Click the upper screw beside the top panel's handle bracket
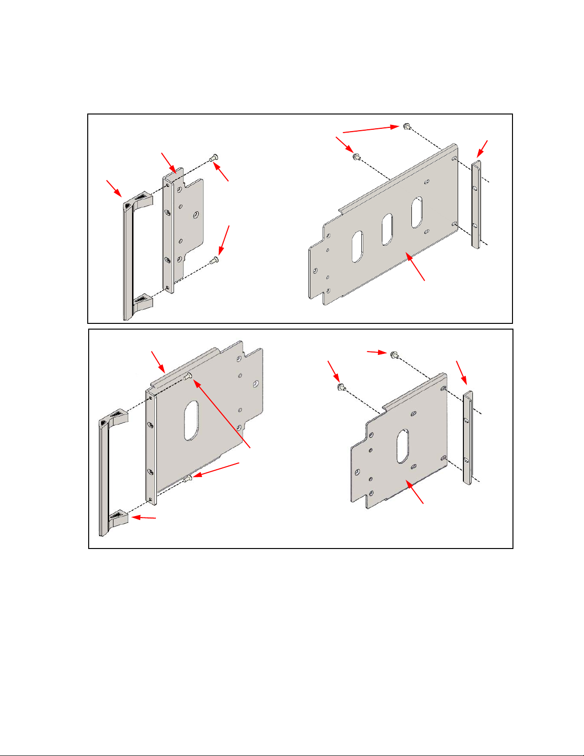(x=214, y=157)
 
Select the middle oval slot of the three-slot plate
(x=387, y=229)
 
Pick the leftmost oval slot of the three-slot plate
(x=357, y=247)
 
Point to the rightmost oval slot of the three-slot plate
(x=417, y=212)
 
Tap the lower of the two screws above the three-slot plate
(x=356, y=156)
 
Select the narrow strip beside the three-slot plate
(x=476, y=204)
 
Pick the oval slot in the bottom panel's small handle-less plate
(x=402, y=446)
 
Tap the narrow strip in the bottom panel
(x=468, y=437)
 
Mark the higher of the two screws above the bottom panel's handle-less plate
(x=394, y=354)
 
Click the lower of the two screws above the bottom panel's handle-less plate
(x=341, y=387)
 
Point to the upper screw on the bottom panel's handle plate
(x=189, y=376)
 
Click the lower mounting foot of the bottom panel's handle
(x=119, y=518)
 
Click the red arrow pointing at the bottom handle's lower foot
(x=143, y=518)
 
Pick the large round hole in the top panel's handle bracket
(x=195, y=216)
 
